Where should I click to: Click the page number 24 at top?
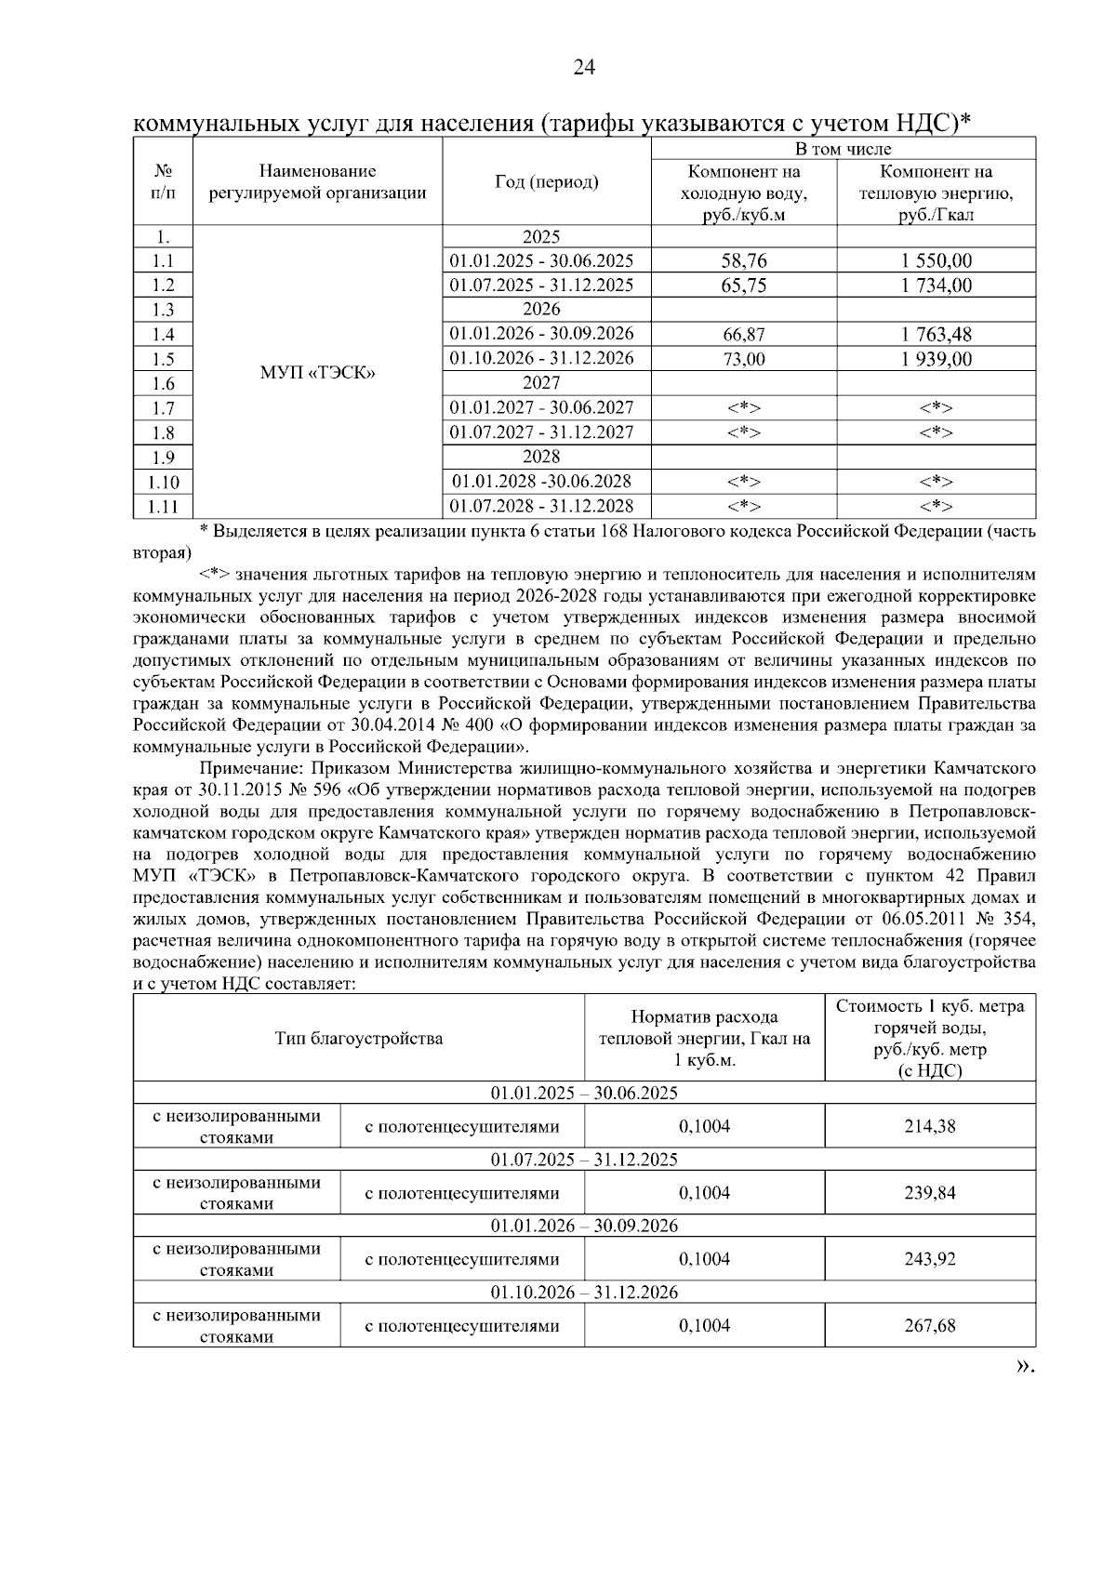584,67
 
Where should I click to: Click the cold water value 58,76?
744,261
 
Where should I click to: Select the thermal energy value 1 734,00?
936,285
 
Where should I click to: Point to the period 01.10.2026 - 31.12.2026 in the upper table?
542,359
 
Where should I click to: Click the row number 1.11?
163,507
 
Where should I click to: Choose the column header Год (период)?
546,182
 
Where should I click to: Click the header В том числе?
843,149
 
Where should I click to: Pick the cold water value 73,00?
744,360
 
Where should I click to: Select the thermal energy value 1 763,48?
936,335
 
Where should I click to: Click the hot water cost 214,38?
929,1126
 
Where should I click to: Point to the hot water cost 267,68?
929,1325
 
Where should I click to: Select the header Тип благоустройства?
359,1039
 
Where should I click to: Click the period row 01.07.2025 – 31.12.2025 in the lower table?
584,1160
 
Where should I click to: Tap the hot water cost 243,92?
929,1259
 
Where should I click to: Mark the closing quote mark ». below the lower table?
1023,1366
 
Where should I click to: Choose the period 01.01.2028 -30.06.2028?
542,482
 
